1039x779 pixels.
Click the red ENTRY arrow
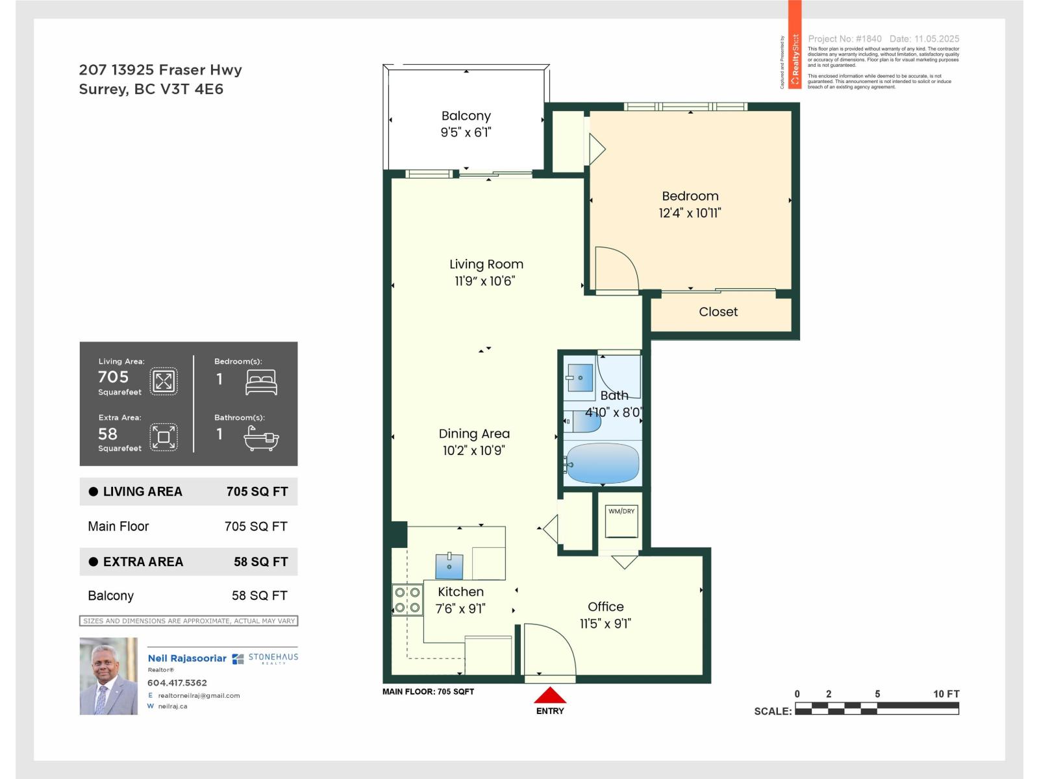(x=550, y=696)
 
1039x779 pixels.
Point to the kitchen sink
(x=449, y=565)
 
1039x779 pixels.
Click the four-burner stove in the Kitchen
(x=407, y=600)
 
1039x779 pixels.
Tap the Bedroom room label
(x=690, y=196)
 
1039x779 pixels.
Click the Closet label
(x=718, y=312)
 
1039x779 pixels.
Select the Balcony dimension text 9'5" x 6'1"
(x=466, y=132)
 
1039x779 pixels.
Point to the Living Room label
(x=486, y=264)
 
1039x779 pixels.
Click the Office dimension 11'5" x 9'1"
(x=605, y=624)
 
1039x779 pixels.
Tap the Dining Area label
(x=474, y=434)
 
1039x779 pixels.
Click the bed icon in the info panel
(x=261, y=382)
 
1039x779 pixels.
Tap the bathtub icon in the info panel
(x=261, y=439)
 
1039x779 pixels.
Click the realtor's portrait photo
(x=108, y=676)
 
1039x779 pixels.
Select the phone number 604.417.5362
(x=177, y=683)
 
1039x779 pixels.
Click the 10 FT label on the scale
(x=945, y=694)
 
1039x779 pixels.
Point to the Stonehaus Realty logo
(x=265, y=658)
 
